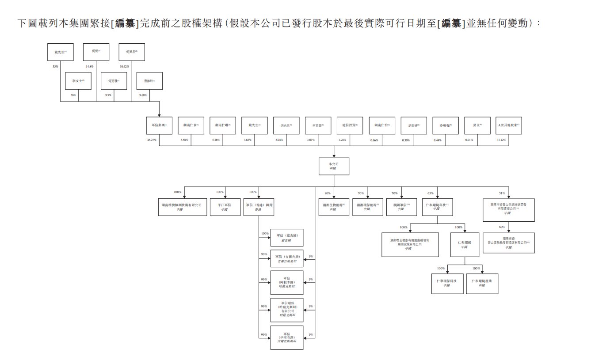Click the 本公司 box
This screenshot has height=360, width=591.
tap(333, 166)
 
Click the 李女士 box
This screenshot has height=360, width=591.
tap(78, 81)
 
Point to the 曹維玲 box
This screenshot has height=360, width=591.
tap(149, 81)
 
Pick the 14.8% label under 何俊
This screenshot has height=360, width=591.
tap(90, 67)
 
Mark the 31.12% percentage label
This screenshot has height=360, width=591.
tap(501, 140)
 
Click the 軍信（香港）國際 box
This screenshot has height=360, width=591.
tap(259, 207)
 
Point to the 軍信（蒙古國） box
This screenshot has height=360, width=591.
tap(287, 238)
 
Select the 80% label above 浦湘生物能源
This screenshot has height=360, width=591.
tap(328, 193)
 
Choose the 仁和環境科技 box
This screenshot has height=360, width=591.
tap(438, 207)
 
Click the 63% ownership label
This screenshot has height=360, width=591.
tap(431, 193)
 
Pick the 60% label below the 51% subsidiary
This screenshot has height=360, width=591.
tap(502, 227)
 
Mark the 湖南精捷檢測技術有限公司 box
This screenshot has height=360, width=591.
tap(184, 207)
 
